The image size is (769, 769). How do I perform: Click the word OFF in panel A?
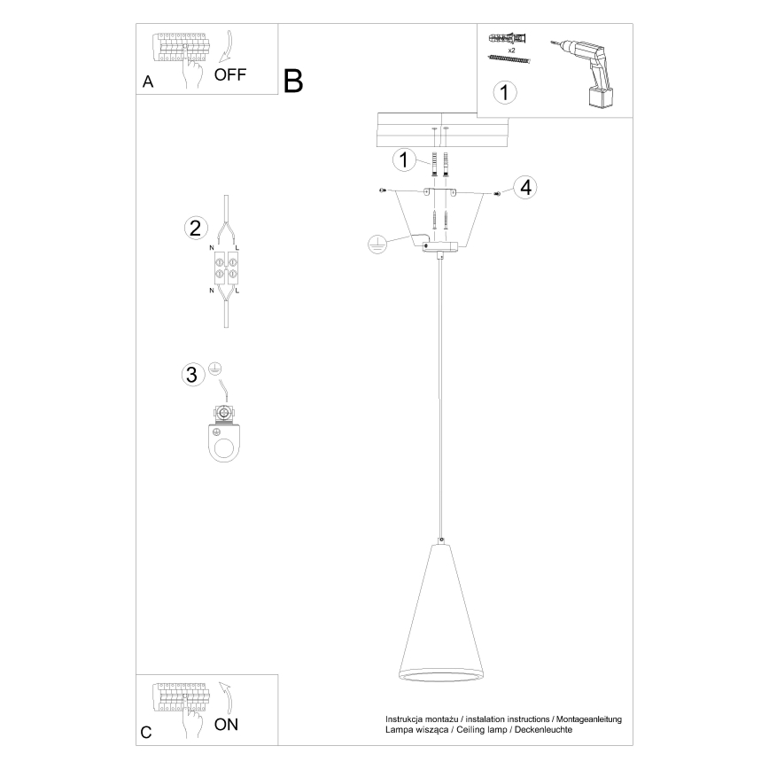click(230, 74)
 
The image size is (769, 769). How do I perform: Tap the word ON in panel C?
click(226, 725)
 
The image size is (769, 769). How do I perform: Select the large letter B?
click(293, 81)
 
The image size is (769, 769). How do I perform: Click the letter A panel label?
click(148, 82)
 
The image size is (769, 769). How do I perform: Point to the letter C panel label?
click(146, 732)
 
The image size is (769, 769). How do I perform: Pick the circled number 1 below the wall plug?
click(504, 92)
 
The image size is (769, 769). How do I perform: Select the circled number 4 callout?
click(525, 187)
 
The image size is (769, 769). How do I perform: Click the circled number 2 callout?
click(196, 228)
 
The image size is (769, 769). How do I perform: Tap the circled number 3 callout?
click(193, 374)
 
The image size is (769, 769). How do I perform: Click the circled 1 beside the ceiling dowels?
click(404, 159)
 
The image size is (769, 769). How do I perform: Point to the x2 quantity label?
click(511, 50)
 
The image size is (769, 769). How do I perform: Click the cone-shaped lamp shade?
click(441, 612)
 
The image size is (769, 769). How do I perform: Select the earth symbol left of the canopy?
click(377, 244)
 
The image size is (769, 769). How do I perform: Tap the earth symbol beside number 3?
click(214, 369)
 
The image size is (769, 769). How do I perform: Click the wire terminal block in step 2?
click(226, 268)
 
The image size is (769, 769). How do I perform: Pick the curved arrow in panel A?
click(227, 48)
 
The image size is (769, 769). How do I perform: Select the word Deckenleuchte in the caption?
click(543, 730)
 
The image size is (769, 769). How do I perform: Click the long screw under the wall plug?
click(509, 59)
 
